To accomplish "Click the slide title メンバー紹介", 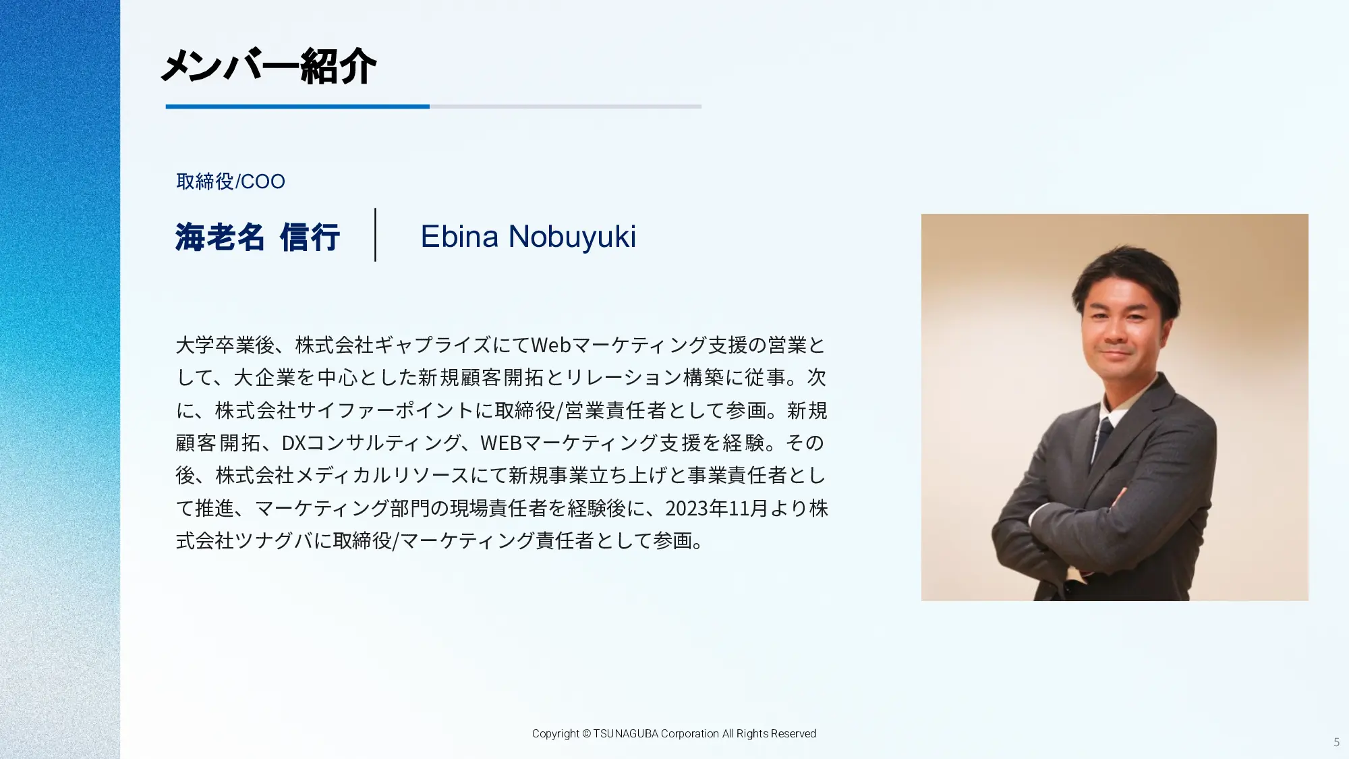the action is tap(268, 66).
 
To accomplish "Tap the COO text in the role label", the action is tap(263, 181).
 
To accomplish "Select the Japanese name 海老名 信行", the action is tap(257, 237).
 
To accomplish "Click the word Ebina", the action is tap(460, 236).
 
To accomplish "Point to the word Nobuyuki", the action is tap(572, 237).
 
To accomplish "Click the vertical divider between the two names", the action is tap(375, 234).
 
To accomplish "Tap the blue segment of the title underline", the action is tap(297, 107).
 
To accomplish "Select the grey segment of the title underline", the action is tap(565, 107).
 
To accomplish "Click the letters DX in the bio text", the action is tap(293, 443).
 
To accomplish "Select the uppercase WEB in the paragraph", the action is tap(501, 443).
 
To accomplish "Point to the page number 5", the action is tap(1336, 742).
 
